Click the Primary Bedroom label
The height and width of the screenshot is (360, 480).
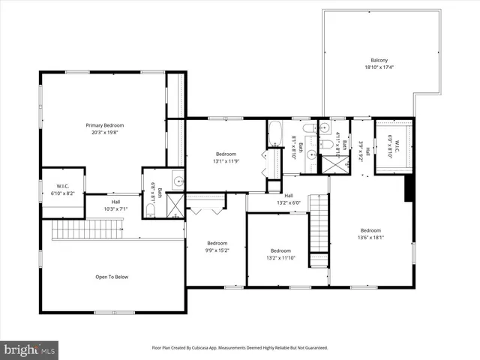[x=104, y=125]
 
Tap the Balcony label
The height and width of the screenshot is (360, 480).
[x=379, y=60]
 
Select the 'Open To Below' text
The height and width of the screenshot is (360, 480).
[x=113, y=277]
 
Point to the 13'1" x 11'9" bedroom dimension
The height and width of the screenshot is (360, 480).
[x=226, y=160]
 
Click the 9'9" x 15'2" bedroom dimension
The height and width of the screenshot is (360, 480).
[x=217, y=250]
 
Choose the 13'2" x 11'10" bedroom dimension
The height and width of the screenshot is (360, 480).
[x=280, y=257]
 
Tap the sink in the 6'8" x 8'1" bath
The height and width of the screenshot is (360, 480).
[x=178, y=181]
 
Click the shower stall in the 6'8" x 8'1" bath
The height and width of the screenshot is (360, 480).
[x=175, y=205]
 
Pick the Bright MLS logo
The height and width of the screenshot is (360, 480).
[x=30, y=349]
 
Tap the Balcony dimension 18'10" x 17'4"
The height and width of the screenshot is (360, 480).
[x=379, y=67]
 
